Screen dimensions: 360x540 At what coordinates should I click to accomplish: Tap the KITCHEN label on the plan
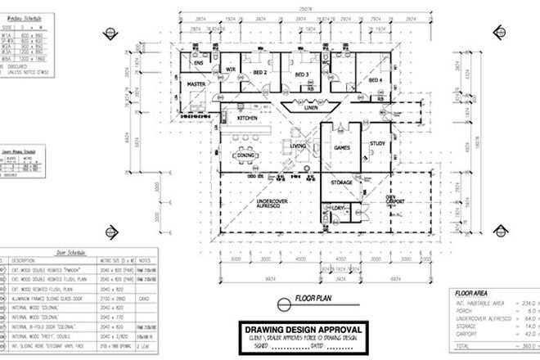pos(248,119)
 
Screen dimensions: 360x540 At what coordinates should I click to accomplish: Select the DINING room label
pos(247,155)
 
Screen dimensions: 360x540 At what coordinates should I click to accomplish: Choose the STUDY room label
pos(377,144)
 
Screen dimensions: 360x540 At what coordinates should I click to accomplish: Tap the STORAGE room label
pos(341,182)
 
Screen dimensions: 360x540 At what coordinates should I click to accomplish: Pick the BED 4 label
pos(376,81)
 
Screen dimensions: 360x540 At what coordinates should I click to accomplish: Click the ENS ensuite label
pos(197,63)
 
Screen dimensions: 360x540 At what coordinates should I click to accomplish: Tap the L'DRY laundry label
pos(338,209)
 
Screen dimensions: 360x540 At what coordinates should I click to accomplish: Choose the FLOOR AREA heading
pos(470,290)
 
